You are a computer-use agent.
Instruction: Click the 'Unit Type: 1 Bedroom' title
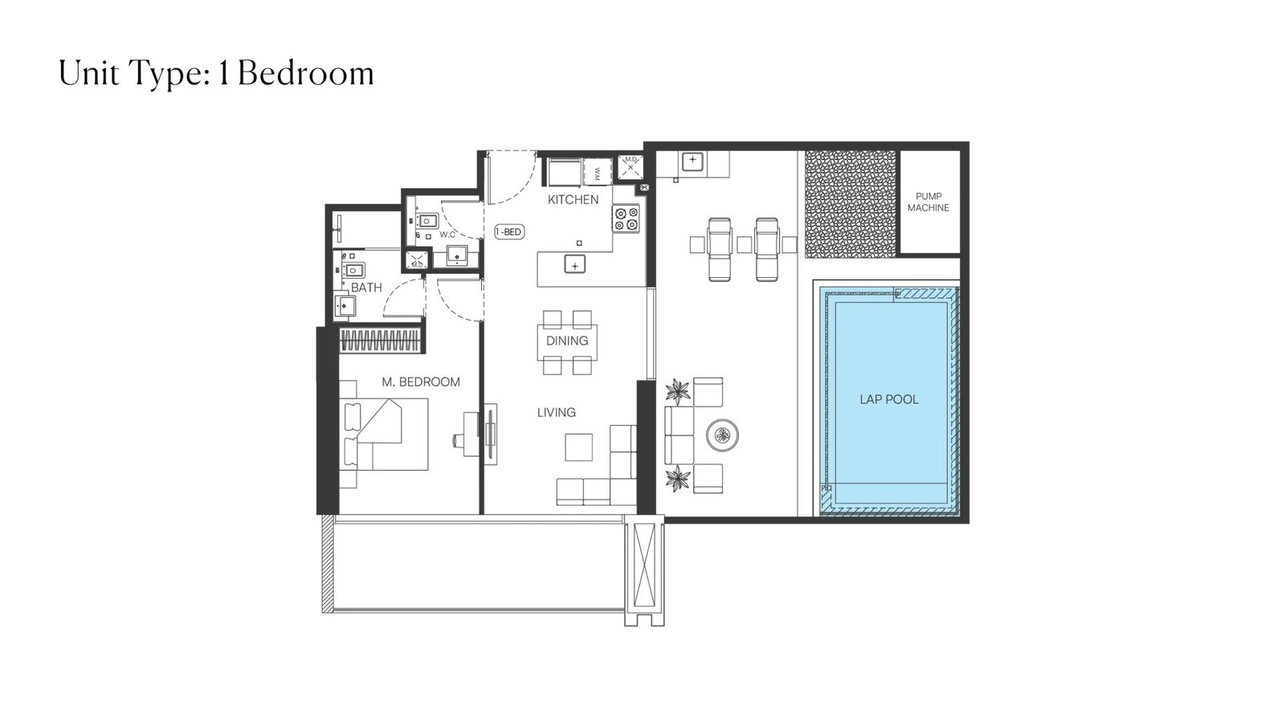point(216,74)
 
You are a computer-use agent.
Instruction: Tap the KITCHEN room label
point(573,200)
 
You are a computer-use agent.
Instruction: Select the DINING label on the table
point(567,341)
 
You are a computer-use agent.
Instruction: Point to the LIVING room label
point(557,413)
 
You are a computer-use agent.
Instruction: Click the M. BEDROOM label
point(421,382)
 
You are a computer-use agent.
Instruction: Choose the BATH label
point(366,288)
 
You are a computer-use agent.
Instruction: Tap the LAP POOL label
point(889,399)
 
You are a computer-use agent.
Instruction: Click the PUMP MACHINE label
point(928,202)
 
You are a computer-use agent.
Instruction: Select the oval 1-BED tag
point(509,232)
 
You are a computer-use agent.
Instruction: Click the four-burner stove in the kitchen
point(626,219)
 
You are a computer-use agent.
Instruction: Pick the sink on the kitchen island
point(575,265)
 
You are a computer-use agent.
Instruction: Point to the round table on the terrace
point(722,435)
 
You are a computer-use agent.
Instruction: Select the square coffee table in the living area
point(579,447)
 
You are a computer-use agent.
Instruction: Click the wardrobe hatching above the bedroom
point(381,341)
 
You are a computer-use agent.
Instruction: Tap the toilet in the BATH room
point(353,269)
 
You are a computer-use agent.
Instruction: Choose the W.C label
point(447,235)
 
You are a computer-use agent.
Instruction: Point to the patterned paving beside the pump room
point(851,204)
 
